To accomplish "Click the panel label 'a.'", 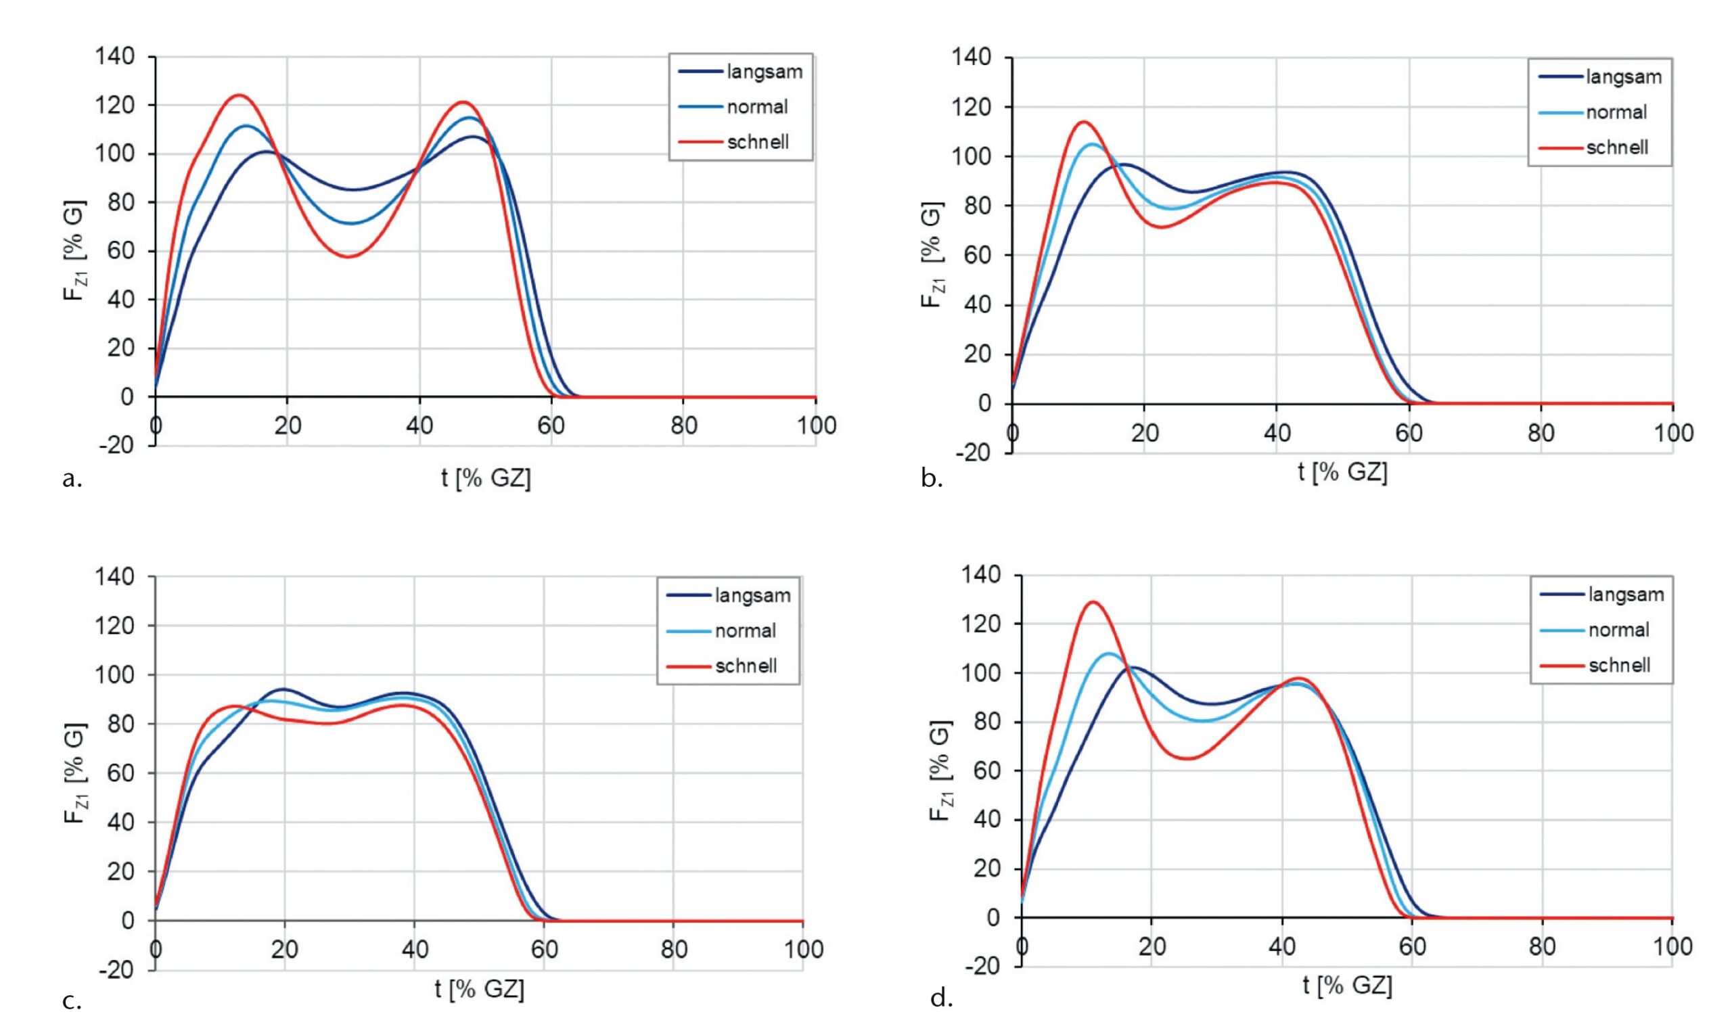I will [x=72, y=478].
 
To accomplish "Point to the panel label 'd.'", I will [x=941, y=998].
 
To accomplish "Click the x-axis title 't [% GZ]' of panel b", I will [x=1342, y=472].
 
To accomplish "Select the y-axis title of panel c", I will [x=76, y=773].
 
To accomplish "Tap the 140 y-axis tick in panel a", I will [x=115, y=57].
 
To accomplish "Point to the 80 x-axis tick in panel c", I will [x=673, y=949].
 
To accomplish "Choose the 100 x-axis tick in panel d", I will [x=1672, y=946].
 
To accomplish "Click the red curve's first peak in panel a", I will [x=240, y=95].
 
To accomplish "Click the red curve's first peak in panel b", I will [x=1083, y=122].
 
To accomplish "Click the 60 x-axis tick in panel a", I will [x=551, y=425].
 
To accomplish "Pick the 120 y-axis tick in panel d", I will [x=983, y=624].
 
